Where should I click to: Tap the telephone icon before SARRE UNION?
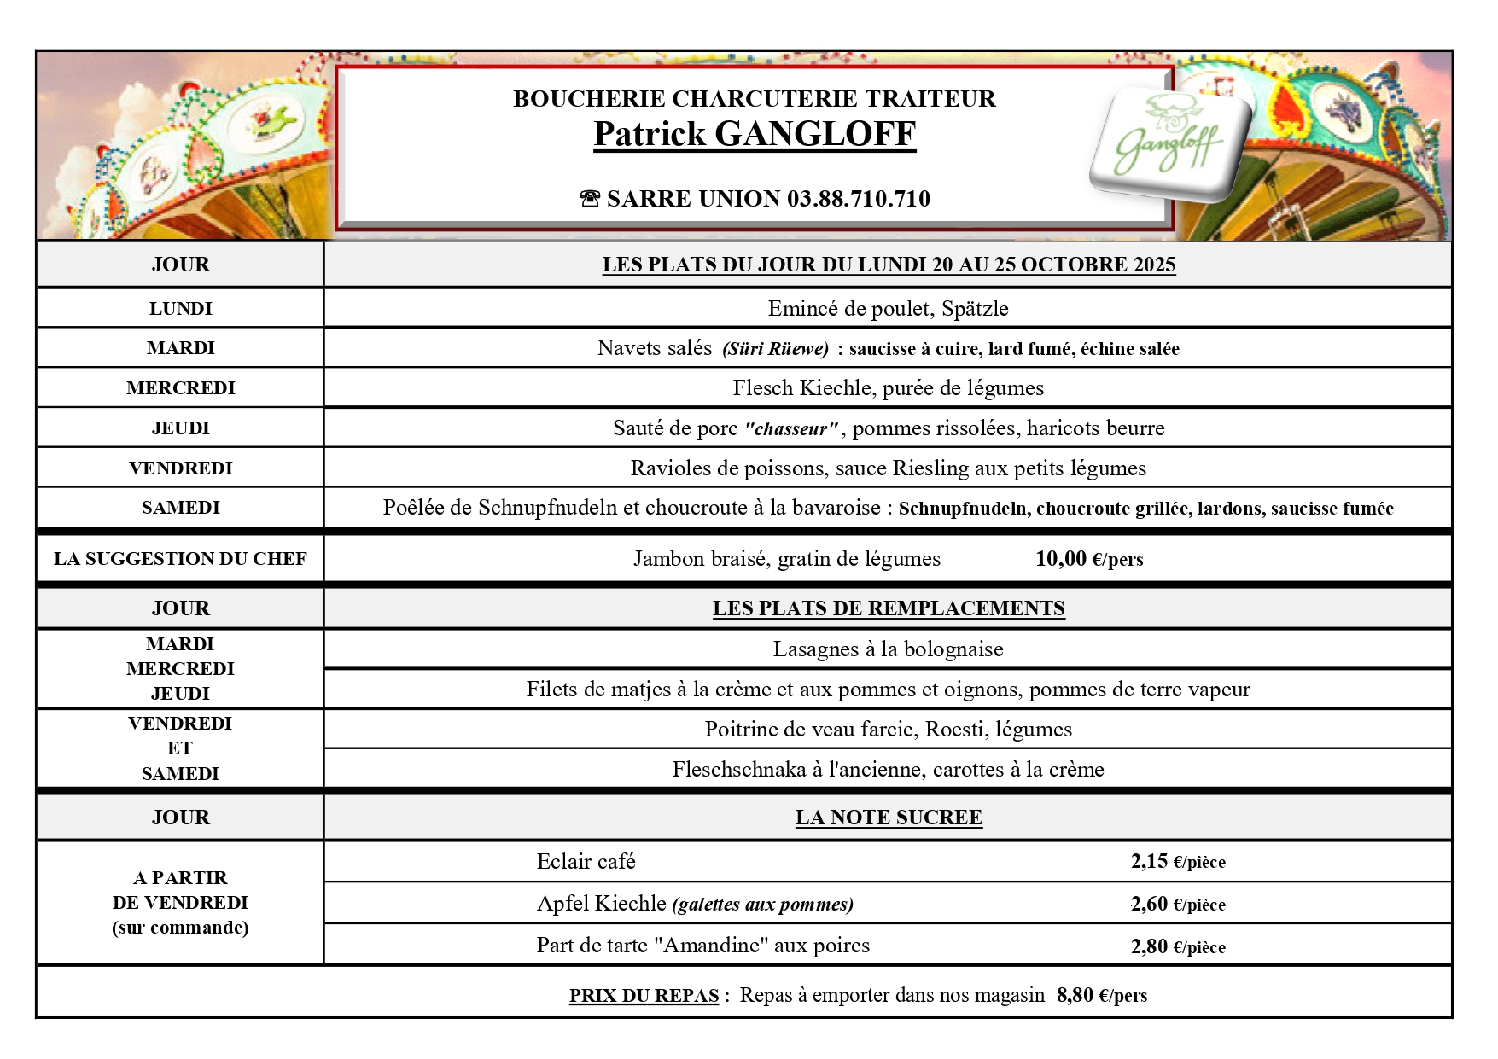click(590, 200)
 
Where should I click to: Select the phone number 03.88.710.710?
click(858, 199)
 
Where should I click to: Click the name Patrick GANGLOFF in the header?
click(755, 134)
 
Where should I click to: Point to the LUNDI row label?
click(180, 309)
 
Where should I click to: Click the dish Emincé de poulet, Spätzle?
click(888, 309)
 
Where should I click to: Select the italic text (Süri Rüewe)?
click(775, 349)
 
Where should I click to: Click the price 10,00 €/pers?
click(1088, 559)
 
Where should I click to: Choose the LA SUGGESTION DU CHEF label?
click(180, 559)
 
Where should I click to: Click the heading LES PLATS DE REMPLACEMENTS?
click(889, 608)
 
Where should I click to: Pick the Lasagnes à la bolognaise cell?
click(888, 649)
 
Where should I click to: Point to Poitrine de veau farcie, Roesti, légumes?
click(888, 730)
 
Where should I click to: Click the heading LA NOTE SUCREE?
click(889, 818)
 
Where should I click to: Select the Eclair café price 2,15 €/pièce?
click(1178, 862)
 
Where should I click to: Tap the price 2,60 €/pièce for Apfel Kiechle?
click(1178, 905)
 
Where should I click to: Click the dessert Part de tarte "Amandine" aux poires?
click(702, 946)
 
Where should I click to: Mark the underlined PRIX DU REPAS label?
click(644, 996)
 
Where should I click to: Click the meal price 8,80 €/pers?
click(1101, 996)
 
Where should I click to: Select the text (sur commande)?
click(180, 928)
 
